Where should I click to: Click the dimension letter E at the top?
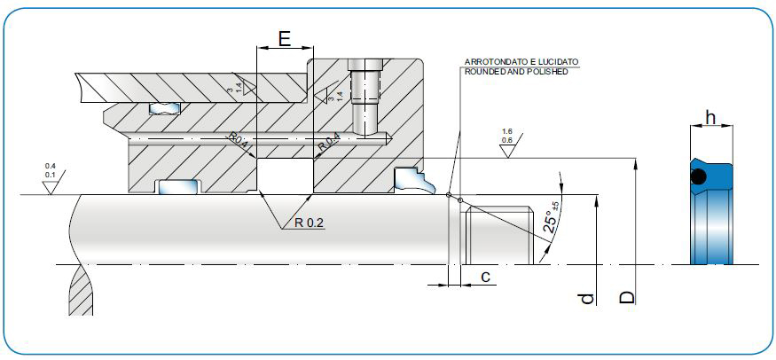point(284,38)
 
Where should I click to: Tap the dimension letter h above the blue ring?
point(710,117)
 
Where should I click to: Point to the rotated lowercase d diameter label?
point(585,299)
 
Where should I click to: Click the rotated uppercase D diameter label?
point(627,295)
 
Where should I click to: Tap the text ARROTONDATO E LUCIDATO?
point(521,62)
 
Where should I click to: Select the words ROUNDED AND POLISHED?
point(515,71)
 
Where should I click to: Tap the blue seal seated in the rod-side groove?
point(177,186)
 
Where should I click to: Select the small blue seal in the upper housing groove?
point(163,109)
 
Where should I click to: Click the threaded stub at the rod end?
point(498,234)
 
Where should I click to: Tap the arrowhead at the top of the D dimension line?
point(636,162)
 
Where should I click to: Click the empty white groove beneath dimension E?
point(284,175)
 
